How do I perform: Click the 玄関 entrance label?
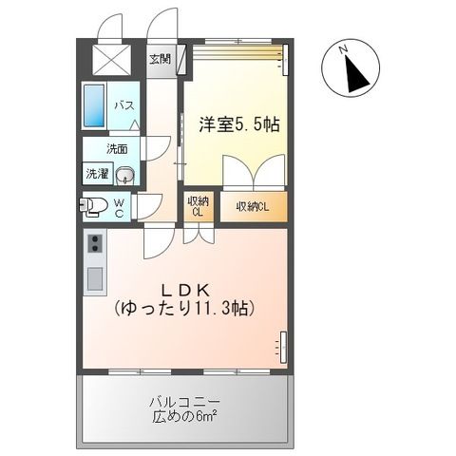(x=160, y=58)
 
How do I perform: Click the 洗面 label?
(x=117, y=149)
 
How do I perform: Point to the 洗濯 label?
(x=98, y=174)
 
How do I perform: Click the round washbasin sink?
(x=128, y=175)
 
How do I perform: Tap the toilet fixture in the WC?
(x=95, y=206)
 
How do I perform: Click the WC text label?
(x=120, y=206)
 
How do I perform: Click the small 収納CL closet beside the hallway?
(x=199, y=207)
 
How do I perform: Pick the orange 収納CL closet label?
(x=253, y=206)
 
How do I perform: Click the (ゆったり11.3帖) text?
(x=186, y=310)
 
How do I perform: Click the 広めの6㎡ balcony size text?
(x=185, y=417)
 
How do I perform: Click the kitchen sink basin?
(x=96, y=279)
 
